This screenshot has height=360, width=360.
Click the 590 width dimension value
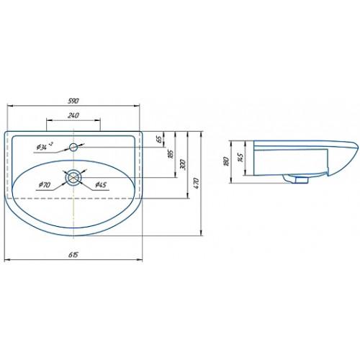click(73, 101)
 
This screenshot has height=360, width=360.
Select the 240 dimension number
click(73, 115)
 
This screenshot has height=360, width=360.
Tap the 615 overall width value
click(73, 255)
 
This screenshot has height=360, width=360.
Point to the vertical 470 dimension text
click(196, 183)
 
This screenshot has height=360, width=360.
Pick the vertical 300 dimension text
click(183, 164)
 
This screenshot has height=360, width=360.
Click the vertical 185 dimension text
click(171, 154)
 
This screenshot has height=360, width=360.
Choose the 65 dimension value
click(159, 139)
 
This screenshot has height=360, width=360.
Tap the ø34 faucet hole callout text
click(45, 146)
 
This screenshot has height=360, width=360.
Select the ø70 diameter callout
click(45, 184)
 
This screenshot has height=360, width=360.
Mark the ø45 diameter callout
click(101, 184)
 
